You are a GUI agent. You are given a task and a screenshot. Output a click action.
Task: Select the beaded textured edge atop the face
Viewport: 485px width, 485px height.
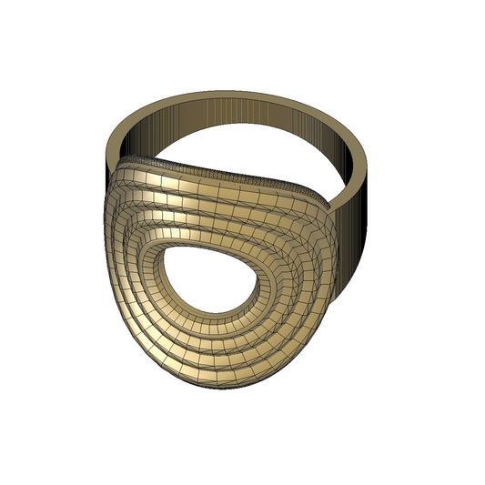point(227,173)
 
